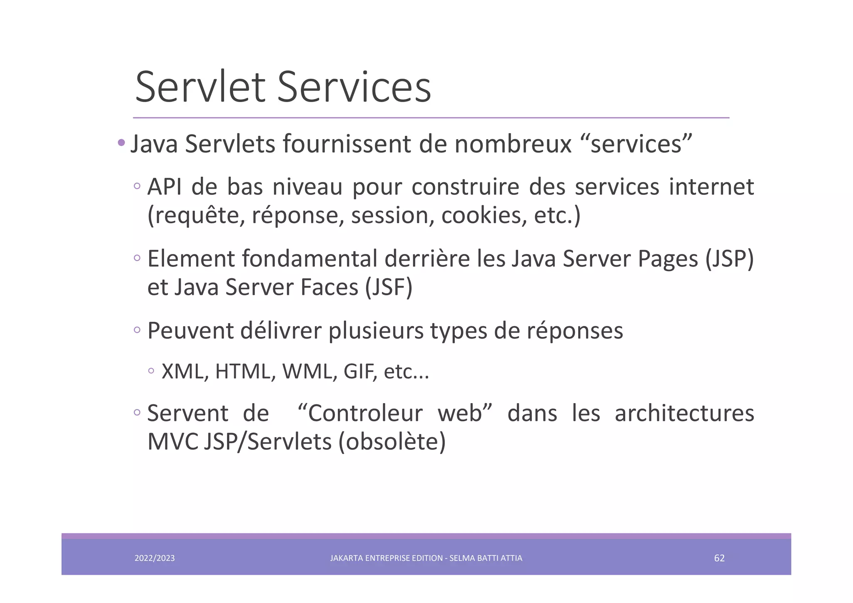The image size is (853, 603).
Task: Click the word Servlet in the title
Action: point(200,87)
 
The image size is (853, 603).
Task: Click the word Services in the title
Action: point(354,87)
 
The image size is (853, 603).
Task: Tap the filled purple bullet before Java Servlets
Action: point(121,143)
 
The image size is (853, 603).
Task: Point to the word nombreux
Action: point(513,144)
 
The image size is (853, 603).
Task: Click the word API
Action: point(164,187)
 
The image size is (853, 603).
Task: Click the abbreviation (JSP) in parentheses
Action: point(729,259)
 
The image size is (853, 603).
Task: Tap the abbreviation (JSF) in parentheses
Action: point(389,287)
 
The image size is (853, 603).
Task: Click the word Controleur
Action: point(365,414)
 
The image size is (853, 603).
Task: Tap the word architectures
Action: point(684,414)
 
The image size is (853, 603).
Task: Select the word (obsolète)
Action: point(392,442)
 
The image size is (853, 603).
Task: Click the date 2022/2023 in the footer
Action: point(155,558)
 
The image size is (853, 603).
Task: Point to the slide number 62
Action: point(719,558)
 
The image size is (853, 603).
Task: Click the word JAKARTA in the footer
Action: point(346,558)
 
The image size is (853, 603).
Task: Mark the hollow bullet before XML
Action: point(151,371)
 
